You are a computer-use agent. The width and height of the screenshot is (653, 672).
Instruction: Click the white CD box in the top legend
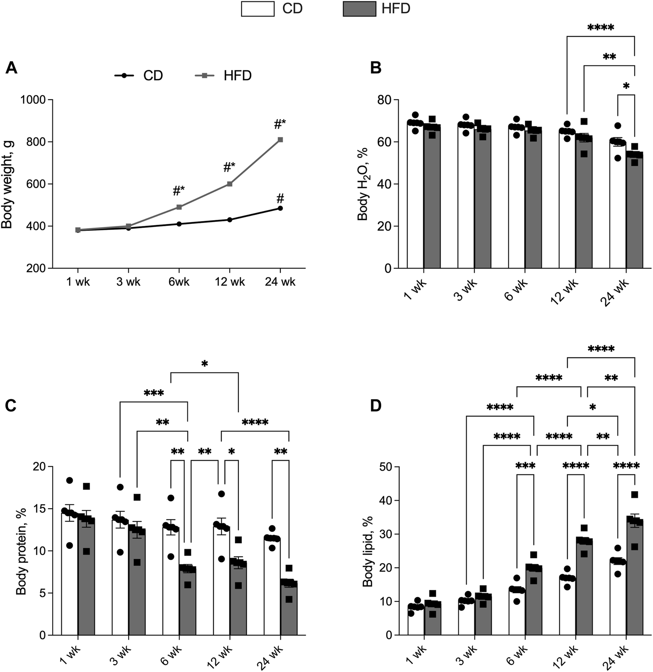tap(258, 9)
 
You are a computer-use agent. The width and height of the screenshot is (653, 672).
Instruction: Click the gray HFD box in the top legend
tap(360, 9)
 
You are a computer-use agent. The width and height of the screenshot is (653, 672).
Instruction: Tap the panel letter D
tap(375, 406)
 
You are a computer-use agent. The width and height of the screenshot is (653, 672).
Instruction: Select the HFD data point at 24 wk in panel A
tap(280, 140)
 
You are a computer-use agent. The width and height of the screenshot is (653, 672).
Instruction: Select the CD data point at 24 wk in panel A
tap(280, 208)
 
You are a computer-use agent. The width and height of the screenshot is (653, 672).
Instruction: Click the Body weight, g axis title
tap(7, 184)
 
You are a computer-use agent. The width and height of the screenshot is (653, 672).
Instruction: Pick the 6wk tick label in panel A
tap(179, 282)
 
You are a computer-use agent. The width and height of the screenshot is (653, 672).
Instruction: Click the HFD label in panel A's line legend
tap(238, 76)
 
